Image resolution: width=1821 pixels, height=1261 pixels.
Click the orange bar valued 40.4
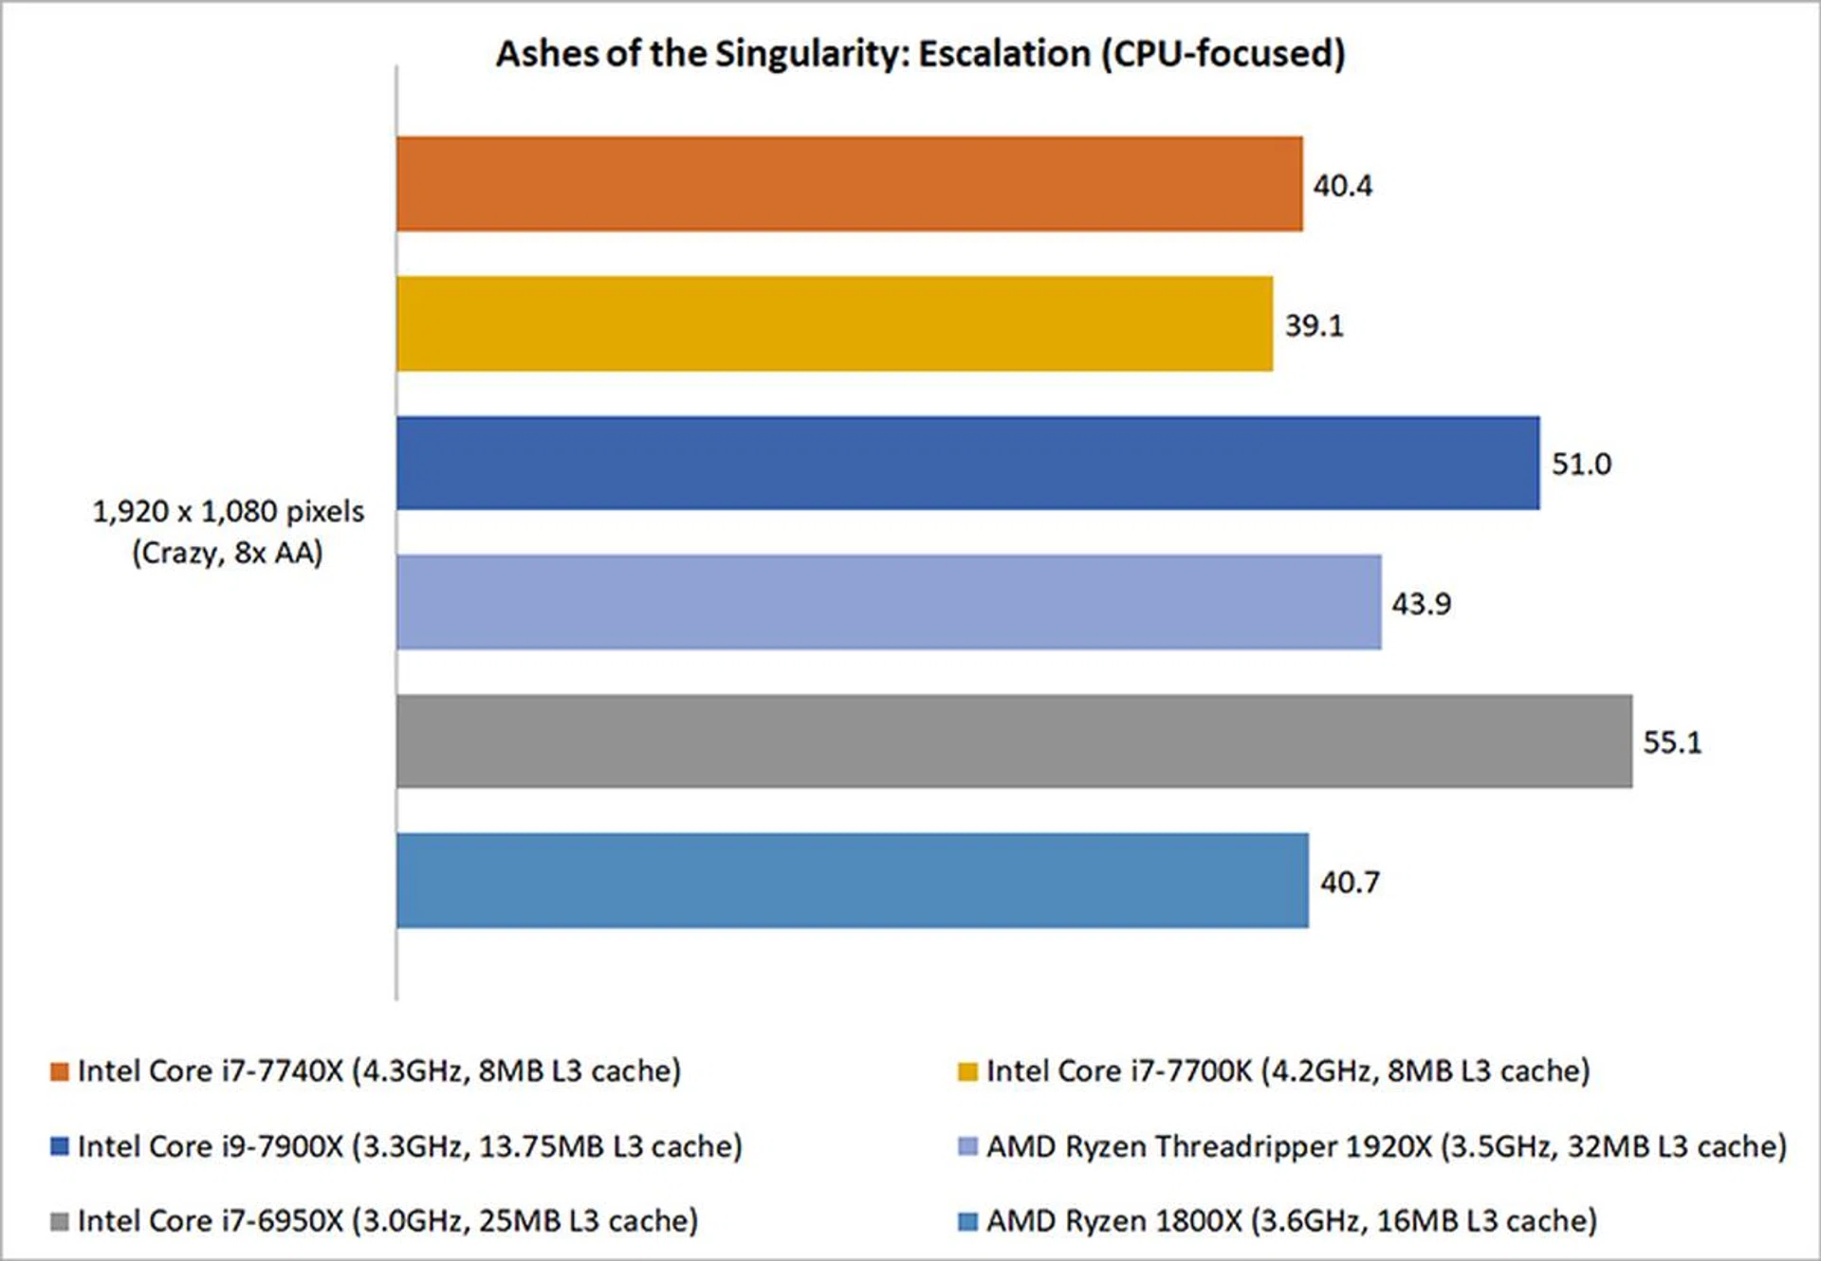849,184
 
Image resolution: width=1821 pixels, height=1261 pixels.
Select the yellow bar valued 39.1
835,324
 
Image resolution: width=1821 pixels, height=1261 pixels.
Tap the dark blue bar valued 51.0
967,463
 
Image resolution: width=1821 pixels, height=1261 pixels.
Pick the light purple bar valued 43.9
889,602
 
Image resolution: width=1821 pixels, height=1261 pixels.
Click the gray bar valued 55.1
1014,741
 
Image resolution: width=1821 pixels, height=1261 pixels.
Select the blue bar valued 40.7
852,881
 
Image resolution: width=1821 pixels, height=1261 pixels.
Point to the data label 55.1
1672,741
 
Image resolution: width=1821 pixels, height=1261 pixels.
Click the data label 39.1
1314,325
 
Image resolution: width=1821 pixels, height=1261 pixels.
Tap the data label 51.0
1581,464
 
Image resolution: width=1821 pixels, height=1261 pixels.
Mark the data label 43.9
1421,604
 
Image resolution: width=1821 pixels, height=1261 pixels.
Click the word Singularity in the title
802,54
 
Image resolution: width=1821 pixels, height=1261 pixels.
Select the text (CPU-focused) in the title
1223,54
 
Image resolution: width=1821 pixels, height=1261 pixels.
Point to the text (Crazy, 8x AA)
228,553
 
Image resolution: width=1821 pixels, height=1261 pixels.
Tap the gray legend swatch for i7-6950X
60,1221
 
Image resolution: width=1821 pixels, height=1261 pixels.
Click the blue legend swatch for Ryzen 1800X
967,1221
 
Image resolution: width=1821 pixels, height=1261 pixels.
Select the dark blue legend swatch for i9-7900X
60,1146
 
